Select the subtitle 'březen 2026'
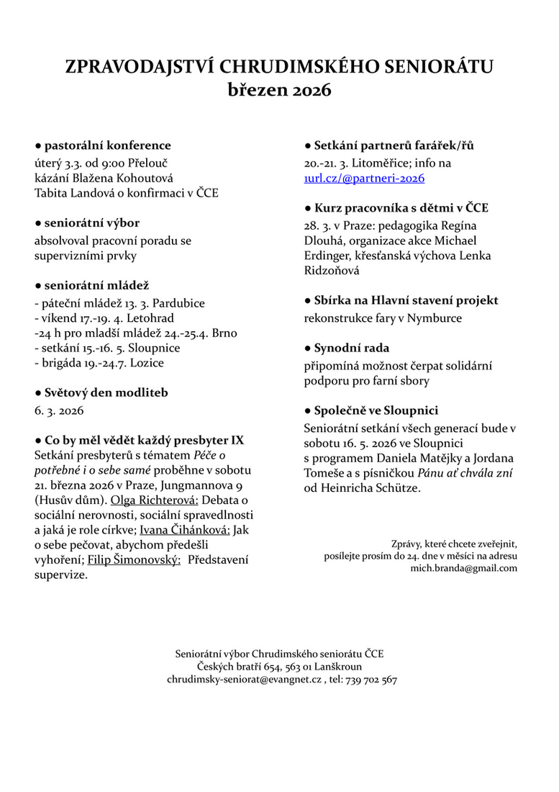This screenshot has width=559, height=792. (x=279, y=91)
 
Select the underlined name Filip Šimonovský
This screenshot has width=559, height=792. (x=134, y=560)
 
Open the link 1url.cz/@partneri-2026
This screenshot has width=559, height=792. (x=364, y=178)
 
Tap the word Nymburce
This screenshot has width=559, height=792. (x=437, y=318)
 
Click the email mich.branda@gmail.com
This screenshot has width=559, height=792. (x=463, y=568)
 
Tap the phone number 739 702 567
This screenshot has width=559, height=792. (x=373, y=680)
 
